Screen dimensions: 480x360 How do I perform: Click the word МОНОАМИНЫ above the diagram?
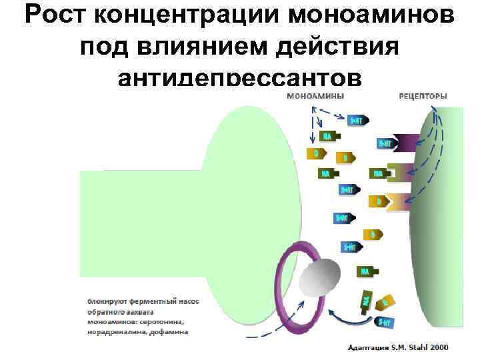(x=315, y=96)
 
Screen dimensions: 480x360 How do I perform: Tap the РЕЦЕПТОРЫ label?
(x=423, y=96)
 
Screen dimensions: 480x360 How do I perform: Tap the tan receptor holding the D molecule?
(x=399, y=201)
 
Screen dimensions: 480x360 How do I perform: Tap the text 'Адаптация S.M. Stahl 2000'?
(x=399, y=347)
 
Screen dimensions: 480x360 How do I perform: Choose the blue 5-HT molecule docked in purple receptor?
(x=385, y=143)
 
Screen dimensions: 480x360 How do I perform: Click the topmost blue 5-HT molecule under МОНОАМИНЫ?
(x=357, y=121)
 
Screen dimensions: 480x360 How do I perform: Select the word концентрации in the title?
(x=176, y=17)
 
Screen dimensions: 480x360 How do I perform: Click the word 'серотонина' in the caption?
(x=161, y=321)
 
